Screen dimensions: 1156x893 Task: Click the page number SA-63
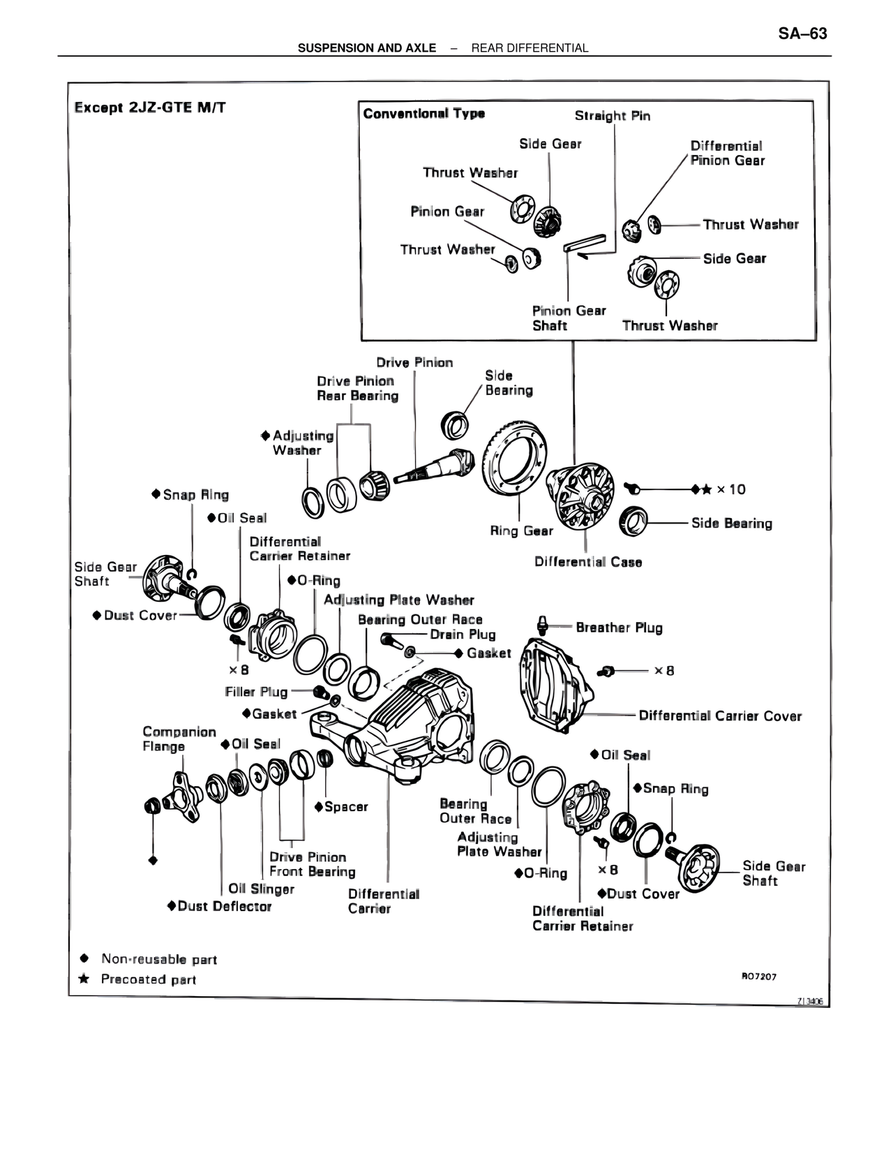pyautogui.click(x=802, y=34)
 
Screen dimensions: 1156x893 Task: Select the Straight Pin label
pyautogui.click(x=612, y=116)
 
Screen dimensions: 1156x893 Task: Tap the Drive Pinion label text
pyautogui.click(x=414, y=362)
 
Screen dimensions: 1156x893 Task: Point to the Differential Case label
pyautogui.click(x=587, y=562)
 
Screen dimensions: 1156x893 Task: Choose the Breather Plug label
pyautogui.click(x=619, y=628)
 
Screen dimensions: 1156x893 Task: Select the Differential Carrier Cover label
pyautogui.click(x=720, y=716)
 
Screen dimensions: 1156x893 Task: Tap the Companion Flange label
pyautogui.click(x=179, y=739)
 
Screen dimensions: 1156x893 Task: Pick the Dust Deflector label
pyautogui.click(x=223, y=906)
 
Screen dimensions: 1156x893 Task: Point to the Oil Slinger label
pyautogui.click(x=261, y=889)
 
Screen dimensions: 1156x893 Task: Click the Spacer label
pyautogui.click(x=345, y=806)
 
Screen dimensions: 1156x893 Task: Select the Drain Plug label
pyautogui.click(x=463, y=634)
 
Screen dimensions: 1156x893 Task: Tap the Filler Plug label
pyautogui.click(x=256, y=691)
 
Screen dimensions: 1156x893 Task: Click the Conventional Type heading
pyautogui.click(x=423, y=114)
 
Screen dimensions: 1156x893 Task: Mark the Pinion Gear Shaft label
pyautogui.click(x=569, y=318)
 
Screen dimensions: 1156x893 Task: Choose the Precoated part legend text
pyautogui.click(x=149, y=979)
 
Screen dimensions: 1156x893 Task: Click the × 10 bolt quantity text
pyautogui.click(x=730, y=489)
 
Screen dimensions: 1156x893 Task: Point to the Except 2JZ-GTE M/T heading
pyautogui.click(x=150, y=108)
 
